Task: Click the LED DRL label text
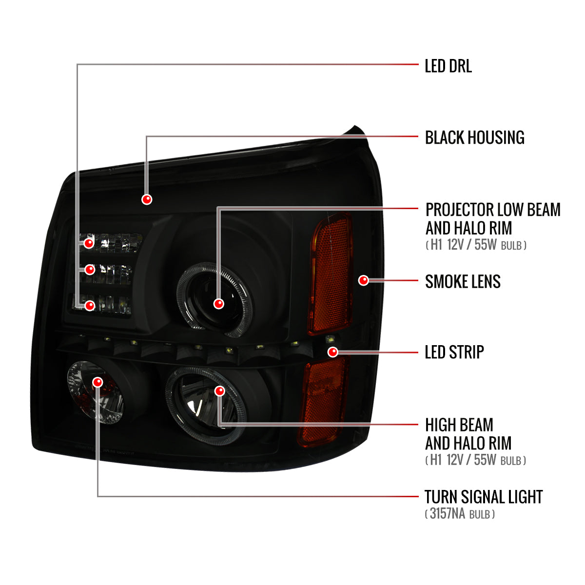(448, 66)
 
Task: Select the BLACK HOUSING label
(474, 137)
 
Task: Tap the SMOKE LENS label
(463, 281)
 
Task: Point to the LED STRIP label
(454, 352)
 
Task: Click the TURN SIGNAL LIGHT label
(484, 497)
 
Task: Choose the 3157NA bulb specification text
(460, 514)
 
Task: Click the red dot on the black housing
(147, 199)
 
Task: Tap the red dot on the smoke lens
(363, 280)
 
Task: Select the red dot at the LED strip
(333, 352)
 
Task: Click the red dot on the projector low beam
(218, 304)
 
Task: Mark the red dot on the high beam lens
(219, 391)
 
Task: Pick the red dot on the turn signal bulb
(98, 382)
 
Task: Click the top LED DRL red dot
(89, 243)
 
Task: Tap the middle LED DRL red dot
(90, 270)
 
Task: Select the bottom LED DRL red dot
(90, 305)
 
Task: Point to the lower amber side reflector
(323, 401)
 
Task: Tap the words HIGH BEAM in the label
(459, 425)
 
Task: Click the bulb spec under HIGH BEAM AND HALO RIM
(475, 460)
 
